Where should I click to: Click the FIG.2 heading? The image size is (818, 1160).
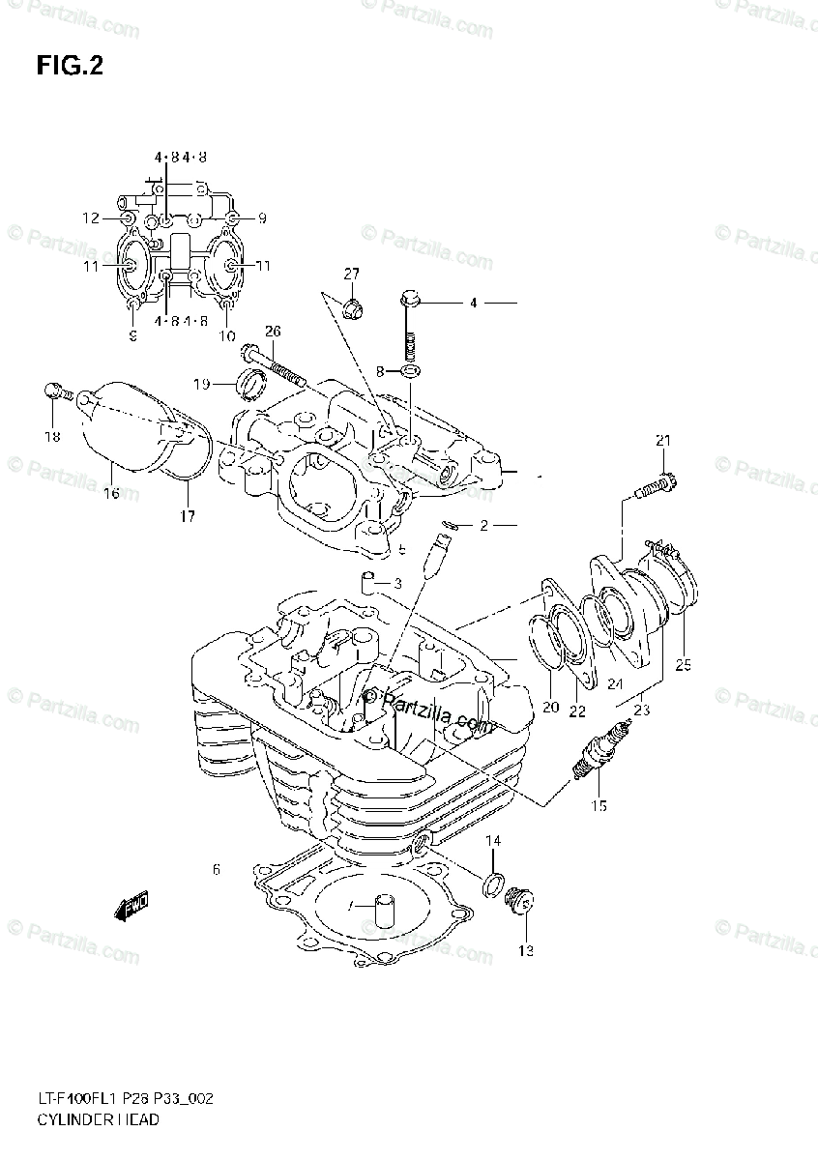69,66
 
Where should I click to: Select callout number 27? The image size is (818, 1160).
350,274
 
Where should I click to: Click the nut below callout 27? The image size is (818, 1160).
353,309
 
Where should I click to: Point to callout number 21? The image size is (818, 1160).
662,442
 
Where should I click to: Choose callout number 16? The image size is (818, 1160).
111,493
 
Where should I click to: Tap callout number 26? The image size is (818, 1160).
273,331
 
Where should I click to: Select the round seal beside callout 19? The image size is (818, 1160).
251,385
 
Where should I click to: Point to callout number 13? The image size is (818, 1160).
525,950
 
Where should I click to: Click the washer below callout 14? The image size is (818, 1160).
490,882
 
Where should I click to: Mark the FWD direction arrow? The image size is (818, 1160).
131,907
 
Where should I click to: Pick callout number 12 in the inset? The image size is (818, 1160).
90,218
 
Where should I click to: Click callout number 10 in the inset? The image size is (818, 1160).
226,335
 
